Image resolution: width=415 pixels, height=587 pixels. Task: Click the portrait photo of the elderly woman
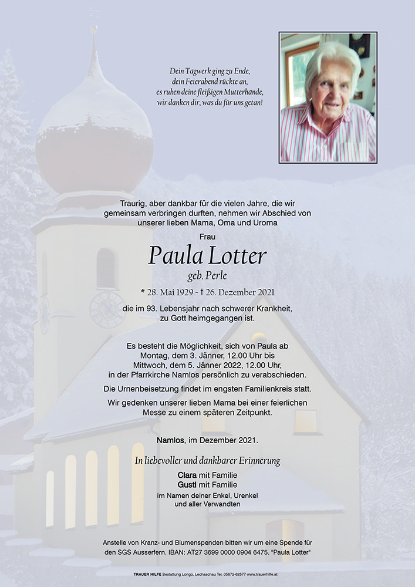point(328,97)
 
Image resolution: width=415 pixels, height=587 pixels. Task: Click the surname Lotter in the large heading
point(238,256)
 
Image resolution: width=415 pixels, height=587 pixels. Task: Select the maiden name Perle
point(217,276)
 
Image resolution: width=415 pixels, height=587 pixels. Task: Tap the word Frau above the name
point(207,237)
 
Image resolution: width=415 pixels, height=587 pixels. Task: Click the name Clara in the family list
point(187,474)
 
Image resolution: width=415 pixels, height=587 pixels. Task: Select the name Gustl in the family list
point(187,485)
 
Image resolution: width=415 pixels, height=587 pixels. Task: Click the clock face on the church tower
point(107,309)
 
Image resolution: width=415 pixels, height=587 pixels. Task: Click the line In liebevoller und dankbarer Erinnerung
point(207,461)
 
